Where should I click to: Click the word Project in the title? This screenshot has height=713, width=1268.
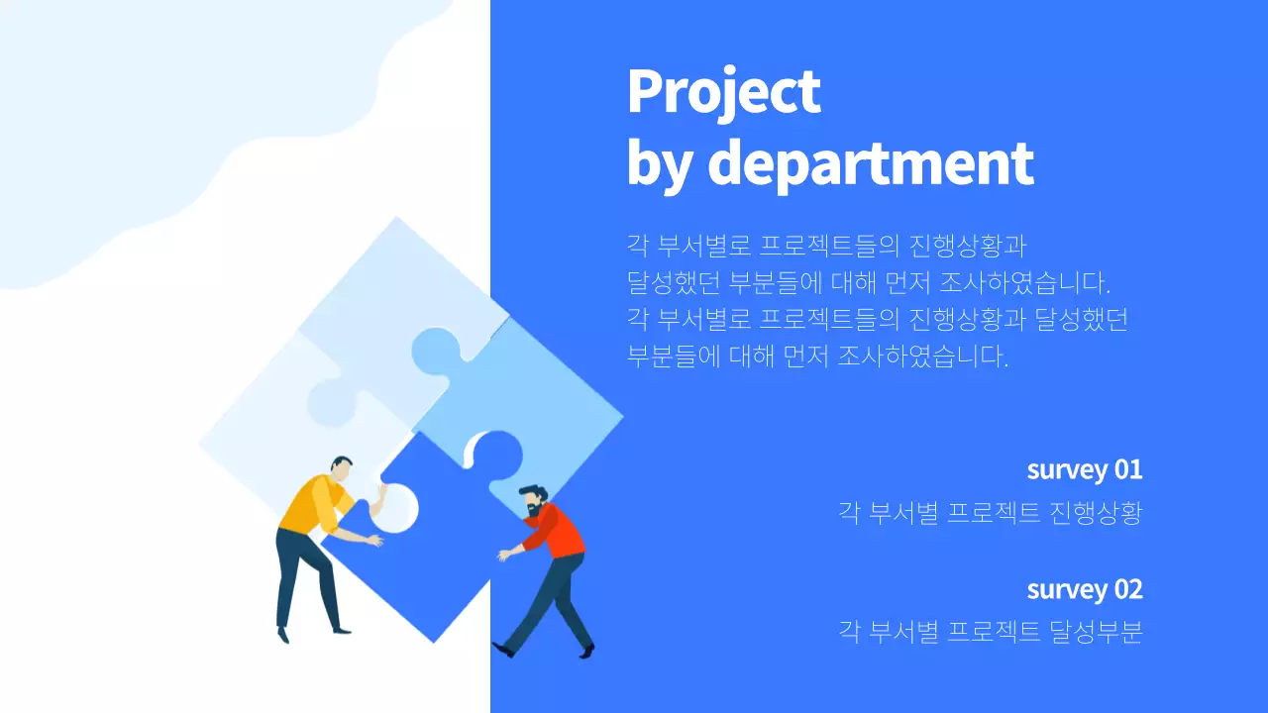point(724,92)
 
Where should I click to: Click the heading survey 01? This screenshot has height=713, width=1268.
point(1084,468)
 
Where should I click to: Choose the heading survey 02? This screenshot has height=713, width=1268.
point(1084,589)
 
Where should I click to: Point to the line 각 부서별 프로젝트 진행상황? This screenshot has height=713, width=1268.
point(990,513)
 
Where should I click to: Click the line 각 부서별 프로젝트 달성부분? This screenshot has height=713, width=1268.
point(990,632)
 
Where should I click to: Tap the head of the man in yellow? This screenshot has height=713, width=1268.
point(342,467)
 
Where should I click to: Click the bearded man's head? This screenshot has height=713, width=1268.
point(532,499)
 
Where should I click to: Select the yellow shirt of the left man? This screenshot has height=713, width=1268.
point(307,503)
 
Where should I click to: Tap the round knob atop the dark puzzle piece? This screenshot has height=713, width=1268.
point(495,452)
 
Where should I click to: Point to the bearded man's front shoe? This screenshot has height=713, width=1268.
point(504,650)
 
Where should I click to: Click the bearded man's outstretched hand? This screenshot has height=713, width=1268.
point(504,556)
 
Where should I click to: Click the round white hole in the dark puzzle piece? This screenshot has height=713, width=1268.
point(396,507)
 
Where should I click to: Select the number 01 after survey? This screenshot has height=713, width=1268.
point(1128,468)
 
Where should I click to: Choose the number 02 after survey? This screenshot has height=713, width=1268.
point(1128,589)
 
